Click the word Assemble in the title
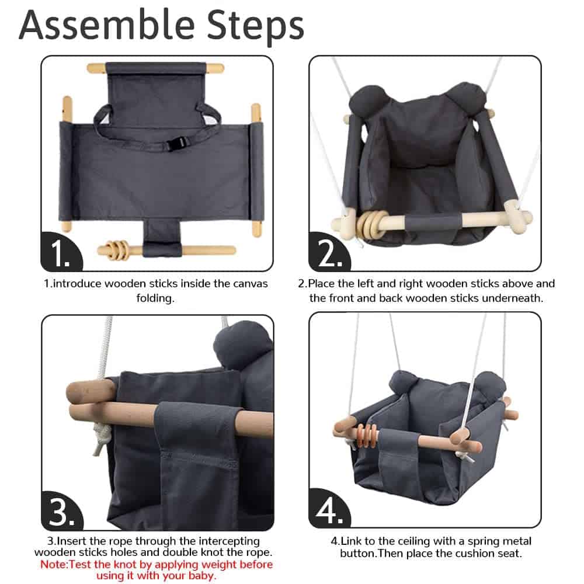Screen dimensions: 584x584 click(x=107, y=25)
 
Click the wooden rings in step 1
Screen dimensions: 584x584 click(x=117, y=249)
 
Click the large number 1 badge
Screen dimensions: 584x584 click(x=60, y=252)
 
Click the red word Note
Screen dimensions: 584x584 click(x=54, y=564)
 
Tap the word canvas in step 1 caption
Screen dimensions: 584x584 click(x=251, y=284)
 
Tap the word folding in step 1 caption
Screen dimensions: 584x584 click(x=155, y=298)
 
